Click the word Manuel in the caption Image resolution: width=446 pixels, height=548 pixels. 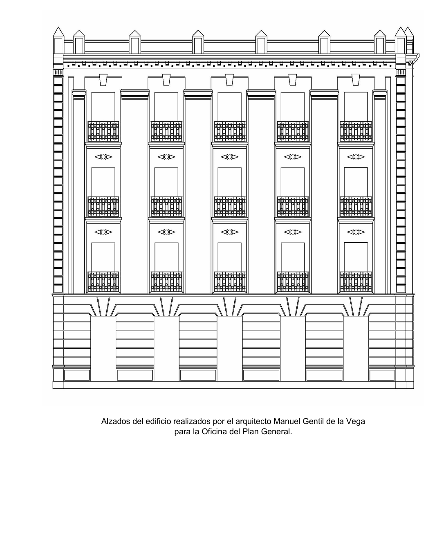(287, 421)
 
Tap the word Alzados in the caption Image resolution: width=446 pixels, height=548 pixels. (116, 421)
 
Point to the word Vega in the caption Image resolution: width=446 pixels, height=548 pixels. (356, 422)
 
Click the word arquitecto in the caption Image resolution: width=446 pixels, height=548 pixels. (253, 422)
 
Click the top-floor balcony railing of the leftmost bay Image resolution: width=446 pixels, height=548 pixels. (103, 131)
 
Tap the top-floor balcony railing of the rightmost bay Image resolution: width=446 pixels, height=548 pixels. (356, 131)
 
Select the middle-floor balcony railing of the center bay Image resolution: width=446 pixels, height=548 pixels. (230, 207)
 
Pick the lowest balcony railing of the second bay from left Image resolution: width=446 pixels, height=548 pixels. (166, 282)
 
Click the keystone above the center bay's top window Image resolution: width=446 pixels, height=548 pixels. (230, 80)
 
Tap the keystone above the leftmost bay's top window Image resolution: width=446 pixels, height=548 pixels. (103, 80)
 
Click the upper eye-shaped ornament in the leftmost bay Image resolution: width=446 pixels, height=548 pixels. (103, 157)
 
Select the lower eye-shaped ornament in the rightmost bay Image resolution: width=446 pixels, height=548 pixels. (356, 232)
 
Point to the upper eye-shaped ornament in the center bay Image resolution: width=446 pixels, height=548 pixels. (230, 157)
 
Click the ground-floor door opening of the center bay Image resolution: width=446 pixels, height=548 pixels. (230, 349)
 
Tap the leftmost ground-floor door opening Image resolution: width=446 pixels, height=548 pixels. (103, 349)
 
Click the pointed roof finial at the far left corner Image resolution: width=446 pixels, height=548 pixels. (58, 32)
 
